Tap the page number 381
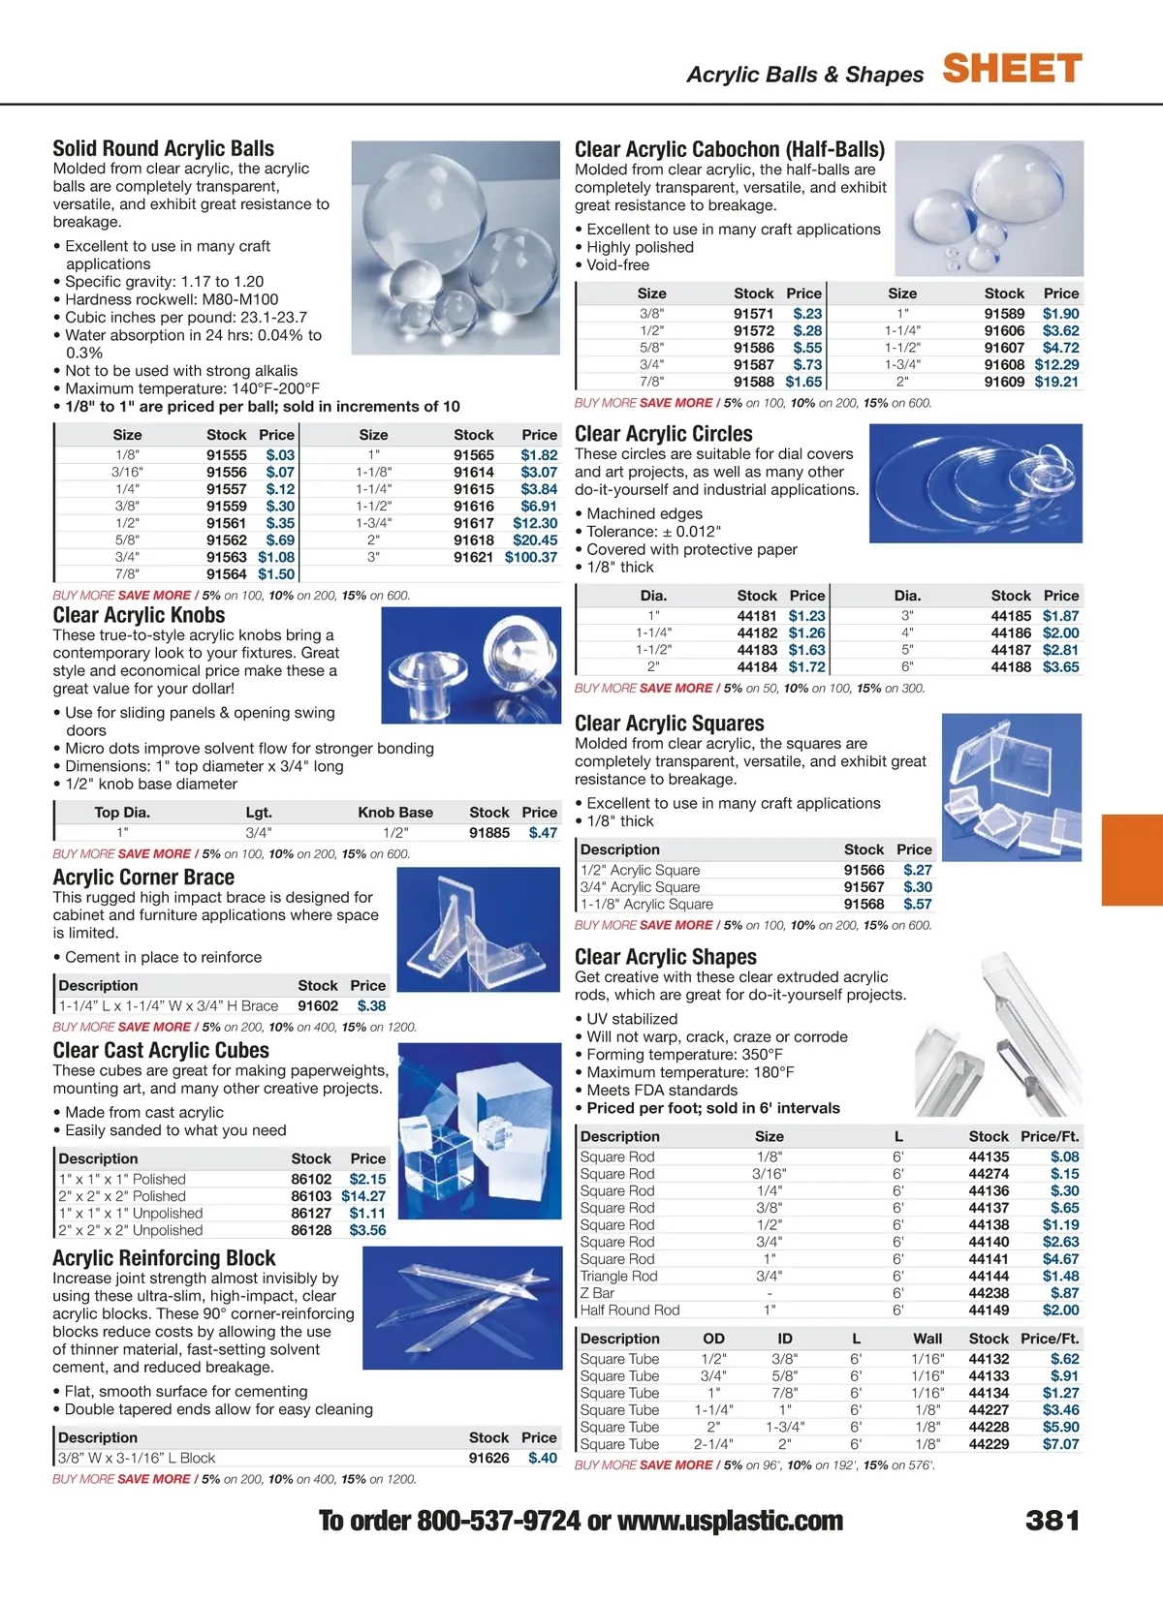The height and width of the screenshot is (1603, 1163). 1053,1520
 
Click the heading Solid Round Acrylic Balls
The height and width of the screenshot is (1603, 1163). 163,148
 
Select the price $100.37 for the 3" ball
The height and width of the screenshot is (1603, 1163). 531,557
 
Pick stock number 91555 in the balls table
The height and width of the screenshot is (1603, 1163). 226,455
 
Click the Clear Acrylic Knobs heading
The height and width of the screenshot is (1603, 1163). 139,615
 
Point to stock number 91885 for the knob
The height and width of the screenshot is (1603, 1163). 489,833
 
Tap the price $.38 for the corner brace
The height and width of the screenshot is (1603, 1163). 371,1006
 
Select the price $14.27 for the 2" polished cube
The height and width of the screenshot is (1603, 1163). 363,1196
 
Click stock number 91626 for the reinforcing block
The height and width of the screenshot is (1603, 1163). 488,1458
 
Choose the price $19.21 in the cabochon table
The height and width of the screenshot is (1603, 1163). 1056,382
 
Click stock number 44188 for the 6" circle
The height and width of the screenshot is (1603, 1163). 1011,667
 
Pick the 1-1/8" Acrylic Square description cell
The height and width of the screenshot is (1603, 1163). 646,904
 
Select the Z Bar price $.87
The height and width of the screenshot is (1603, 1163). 1064,1293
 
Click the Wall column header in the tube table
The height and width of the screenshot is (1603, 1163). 927,1339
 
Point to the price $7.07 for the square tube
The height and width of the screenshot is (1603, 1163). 1060,1444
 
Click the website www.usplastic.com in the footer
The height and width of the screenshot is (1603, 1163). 730,1521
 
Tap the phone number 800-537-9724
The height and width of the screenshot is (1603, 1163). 498,1521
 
